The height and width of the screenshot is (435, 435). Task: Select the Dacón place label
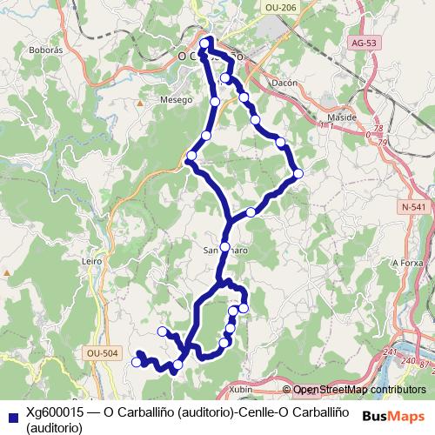click(x=284, y=83)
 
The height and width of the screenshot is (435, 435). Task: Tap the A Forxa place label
click(x=406, y=262)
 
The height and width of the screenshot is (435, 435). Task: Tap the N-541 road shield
click(x=413, y=206)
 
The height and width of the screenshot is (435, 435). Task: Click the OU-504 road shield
click(x=102, y=352)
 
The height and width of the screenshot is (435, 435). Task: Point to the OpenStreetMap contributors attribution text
click(x=359, y=390)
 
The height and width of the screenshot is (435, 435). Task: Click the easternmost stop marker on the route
click(x=298, y=173)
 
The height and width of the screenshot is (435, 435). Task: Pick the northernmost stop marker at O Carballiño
click(x=204, y=43)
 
